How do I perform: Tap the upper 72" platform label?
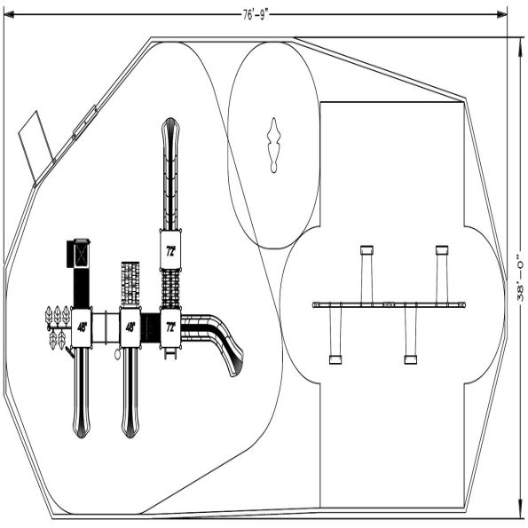[x=169, y=251]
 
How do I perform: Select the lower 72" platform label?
[x=169, y=327]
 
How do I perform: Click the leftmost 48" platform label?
[x=82, y=327]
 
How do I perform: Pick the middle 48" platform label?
[x=130, y=327]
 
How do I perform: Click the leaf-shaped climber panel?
[x=57, y=325]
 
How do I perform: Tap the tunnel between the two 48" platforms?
[x=106, y=326]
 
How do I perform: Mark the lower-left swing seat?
[x=335, y=359]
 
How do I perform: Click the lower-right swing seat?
[x=410, y=359]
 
